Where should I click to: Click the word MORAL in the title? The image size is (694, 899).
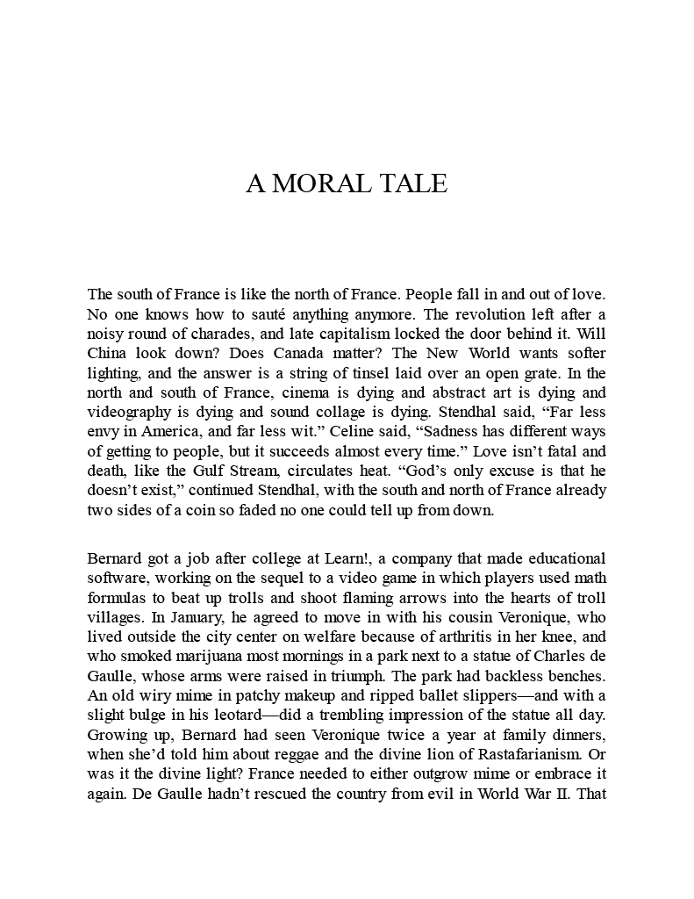coord(318,183)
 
